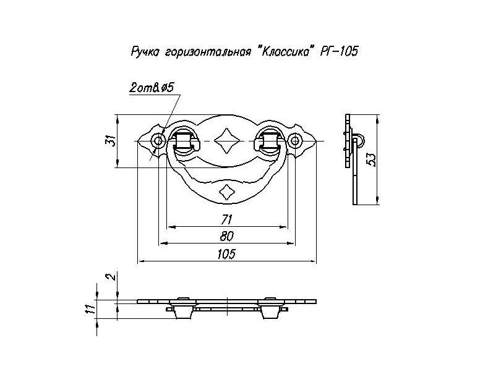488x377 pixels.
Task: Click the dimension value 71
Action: coord(226,219)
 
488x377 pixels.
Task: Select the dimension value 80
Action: coord(226,236)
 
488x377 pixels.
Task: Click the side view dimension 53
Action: coord(371,159)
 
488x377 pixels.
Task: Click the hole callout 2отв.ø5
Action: coord(150,88)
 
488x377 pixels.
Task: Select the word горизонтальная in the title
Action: coord(203,52)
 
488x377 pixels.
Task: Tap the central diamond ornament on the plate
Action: coord(226,142)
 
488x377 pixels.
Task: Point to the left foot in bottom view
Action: coord(182,311)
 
